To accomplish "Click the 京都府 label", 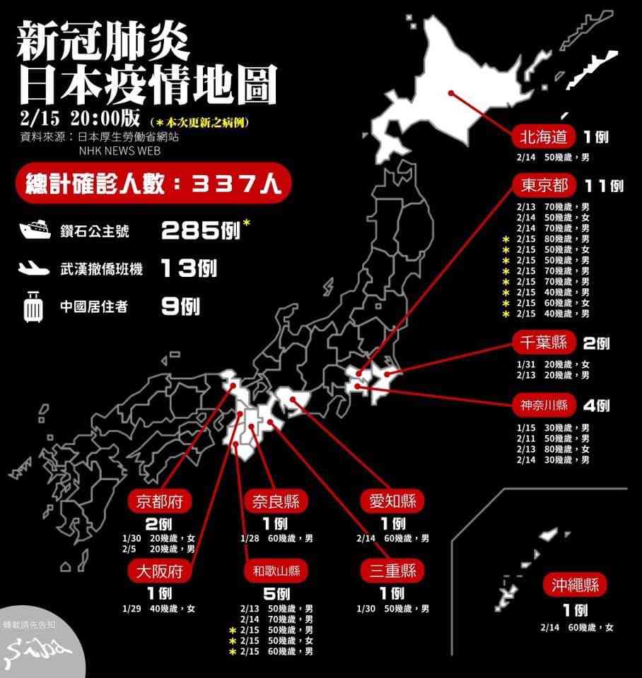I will pos(161,501).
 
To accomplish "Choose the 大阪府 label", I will pos(161,570).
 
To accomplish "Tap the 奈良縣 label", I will pos(276,501).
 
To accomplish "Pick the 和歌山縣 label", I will pos(276,570).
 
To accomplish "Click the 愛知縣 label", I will pos(392,501).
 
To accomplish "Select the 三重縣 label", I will pos(392,570).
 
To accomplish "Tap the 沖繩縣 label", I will pos(576,585).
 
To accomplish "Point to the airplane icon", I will pos(35,268).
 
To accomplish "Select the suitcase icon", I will pos(33,307).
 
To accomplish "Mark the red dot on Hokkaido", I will pos(450,93).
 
